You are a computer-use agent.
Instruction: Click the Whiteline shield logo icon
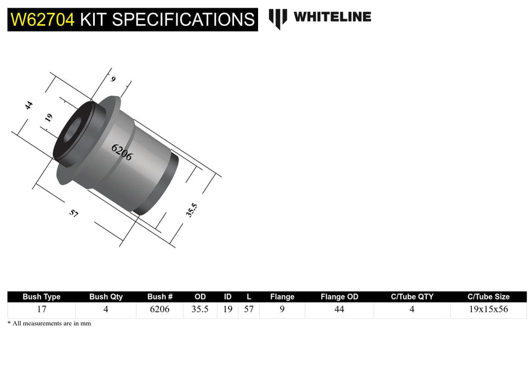(x=278, y=18)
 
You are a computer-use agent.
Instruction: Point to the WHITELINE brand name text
(x=332, y=17)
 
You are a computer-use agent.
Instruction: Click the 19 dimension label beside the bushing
(x=49, y=117)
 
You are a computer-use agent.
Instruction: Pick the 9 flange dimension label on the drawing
(x=113, y=79)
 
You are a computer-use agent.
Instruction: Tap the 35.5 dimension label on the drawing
(x=191, y=210)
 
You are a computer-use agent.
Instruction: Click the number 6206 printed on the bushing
(x=122, y=152)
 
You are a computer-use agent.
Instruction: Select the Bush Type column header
(x=42, y=297)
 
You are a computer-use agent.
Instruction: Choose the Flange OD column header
(x=339, y=297)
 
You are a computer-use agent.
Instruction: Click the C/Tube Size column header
(x=488, y=297)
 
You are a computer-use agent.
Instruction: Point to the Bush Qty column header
(x=106, y=297)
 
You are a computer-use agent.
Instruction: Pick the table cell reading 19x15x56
(x=488, y=309)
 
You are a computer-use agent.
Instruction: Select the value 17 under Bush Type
(x=42, y=309)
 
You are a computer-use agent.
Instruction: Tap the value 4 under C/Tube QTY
(x=411, y=309)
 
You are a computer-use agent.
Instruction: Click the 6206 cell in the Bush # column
(x=160, y=309)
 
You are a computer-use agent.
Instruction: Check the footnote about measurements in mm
(x=49, y=324)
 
